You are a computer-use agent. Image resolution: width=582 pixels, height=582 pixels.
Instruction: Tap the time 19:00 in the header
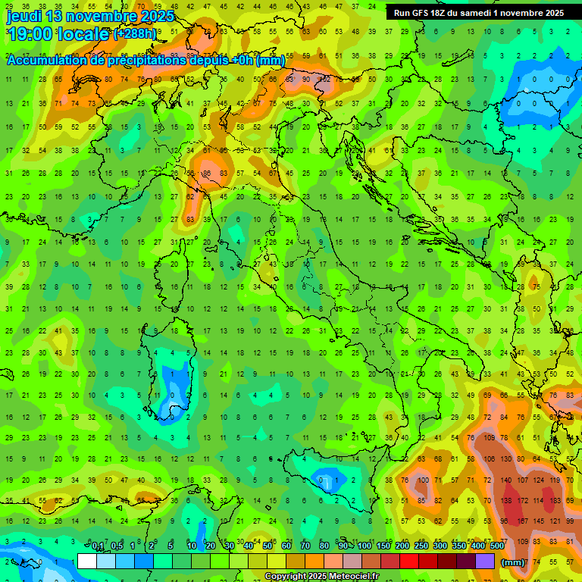coord(33,33)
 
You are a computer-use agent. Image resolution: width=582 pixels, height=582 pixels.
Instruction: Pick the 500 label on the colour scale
coord(496,546)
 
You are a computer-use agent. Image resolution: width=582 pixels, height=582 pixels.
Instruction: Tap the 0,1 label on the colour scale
coord(98,546)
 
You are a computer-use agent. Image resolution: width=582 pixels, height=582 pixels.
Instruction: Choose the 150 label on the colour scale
coord(383,546)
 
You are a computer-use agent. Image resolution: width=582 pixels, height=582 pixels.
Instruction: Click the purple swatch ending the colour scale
coord(485,561)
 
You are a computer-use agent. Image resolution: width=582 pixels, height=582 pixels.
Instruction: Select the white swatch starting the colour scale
coord(86,561)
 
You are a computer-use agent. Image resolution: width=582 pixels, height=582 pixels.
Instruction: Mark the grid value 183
coord(557,501)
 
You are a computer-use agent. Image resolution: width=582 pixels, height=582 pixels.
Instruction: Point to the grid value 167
coord(523,521)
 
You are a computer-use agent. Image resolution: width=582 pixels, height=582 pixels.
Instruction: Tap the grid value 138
coord(506,501)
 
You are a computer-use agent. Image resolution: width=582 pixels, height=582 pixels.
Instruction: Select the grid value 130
coord(506,458)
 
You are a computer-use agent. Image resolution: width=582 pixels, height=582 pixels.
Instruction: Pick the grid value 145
coord(540,521)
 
